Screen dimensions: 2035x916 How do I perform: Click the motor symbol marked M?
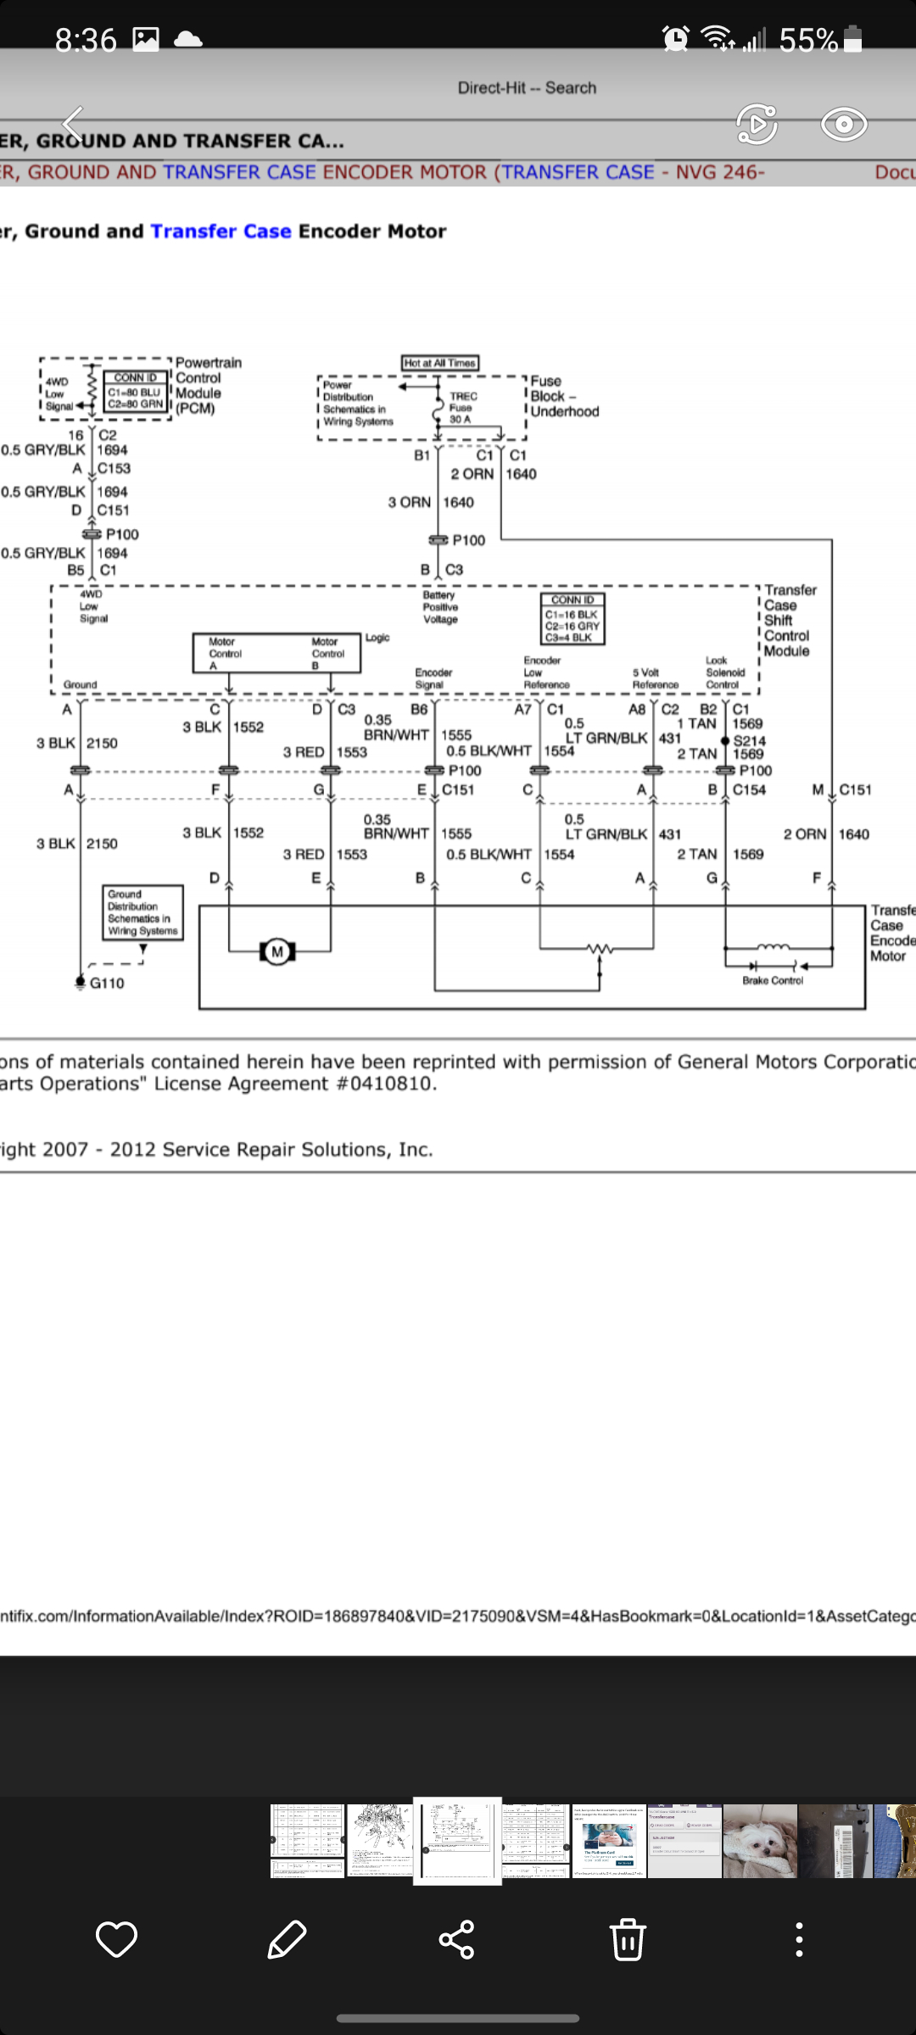276,952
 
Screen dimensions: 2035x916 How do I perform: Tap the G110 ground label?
107,984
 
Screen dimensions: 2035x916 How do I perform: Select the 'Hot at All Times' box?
440,363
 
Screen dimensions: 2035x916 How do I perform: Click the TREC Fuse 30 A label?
462,408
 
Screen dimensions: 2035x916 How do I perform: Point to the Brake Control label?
772,981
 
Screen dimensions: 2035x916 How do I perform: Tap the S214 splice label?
750,740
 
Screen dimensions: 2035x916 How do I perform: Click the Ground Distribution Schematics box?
142,912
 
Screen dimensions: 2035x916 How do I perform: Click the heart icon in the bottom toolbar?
116,1939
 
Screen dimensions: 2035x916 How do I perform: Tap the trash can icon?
628,1939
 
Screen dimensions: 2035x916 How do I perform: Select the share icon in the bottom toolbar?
456,1939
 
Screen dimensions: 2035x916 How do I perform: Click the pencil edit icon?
287,1939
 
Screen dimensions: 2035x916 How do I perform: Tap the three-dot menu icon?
799,1939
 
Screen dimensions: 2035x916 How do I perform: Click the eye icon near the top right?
844,125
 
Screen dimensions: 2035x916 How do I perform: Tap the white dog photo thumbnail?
760,1841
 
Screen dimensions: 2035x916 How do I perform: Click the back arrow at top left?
74,125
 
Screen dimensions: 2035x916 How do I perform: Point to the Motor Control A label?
226,654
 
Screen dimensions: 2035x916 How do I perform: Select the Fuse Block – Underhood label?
564,397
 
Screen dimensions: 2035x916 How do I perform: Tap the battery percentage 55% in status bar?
808,40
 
